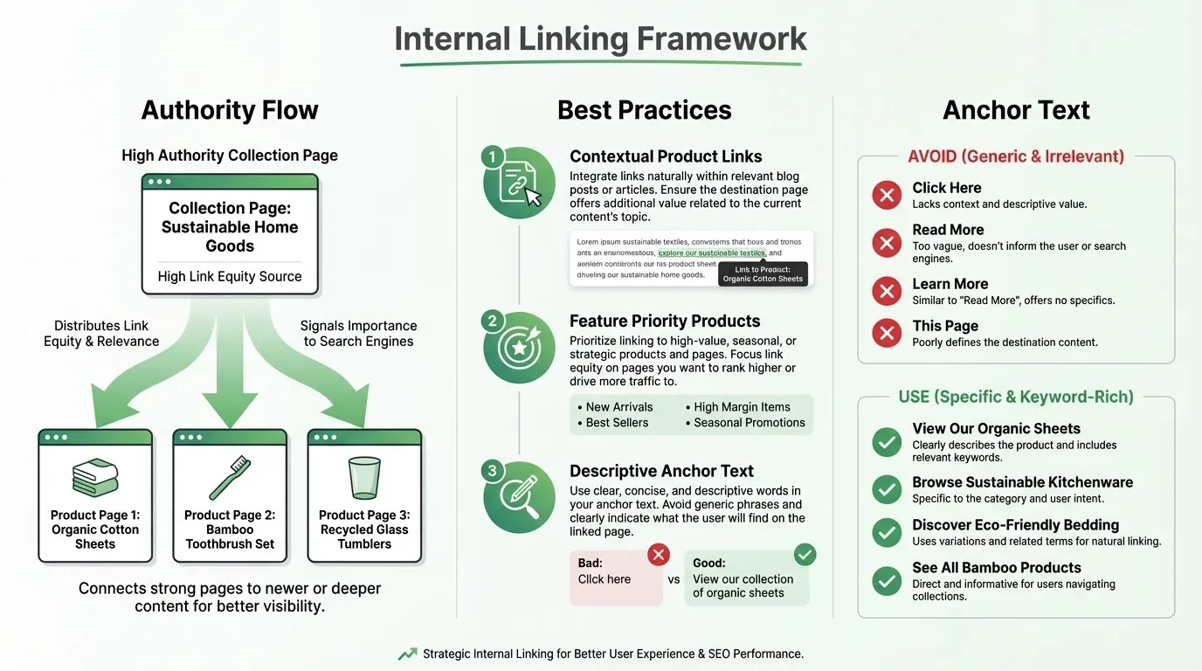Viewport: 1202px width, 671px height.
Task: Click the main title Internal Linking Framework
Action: pos(600,39)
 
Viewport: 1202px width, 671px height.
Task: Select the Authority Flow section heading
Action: pos(230,110)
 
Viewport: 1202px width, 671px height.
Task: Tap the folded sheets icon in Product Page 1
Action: pos(95,478)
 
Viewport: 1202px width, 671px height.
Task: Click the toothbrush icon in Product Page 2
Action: pos(230,478)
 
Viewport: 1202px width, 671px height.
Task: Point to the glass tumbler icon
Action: pos(364,478)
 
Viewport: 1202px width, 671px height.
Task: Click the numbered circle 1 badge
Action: pos(492,157)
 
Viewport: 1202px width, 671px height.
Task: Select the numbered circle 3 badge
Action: pos(492,472)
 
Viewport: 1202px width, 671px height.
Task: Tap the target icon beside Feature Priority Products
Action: pos(519,347)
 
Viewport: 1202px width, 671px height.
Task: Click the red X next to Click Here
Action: pos(887,195)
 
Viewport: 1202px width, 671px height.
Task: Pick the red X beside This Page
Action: pos(887,333)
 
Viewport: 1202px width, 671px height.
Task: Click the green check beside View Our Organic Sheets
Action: pos(887,443)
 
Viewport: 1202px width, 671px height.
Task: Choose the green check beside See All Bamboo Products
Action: pos(887,580)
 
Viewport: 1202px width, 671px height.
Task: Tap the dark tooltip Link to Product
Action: pos(763,274)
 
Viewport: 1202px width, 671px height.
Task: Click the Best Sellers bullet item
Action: pos(612,423)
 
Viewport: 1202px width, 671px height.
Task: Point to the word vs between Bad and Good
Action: pos(674,579)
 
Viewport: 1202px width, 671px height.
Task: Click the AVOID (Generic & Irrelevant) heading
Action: pos(1016,157)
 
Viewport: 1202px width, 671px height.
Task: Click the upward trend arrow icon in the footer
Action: pos(407,654)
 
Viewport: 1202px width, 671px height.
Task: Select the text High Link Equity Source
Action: pos(230,277)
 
